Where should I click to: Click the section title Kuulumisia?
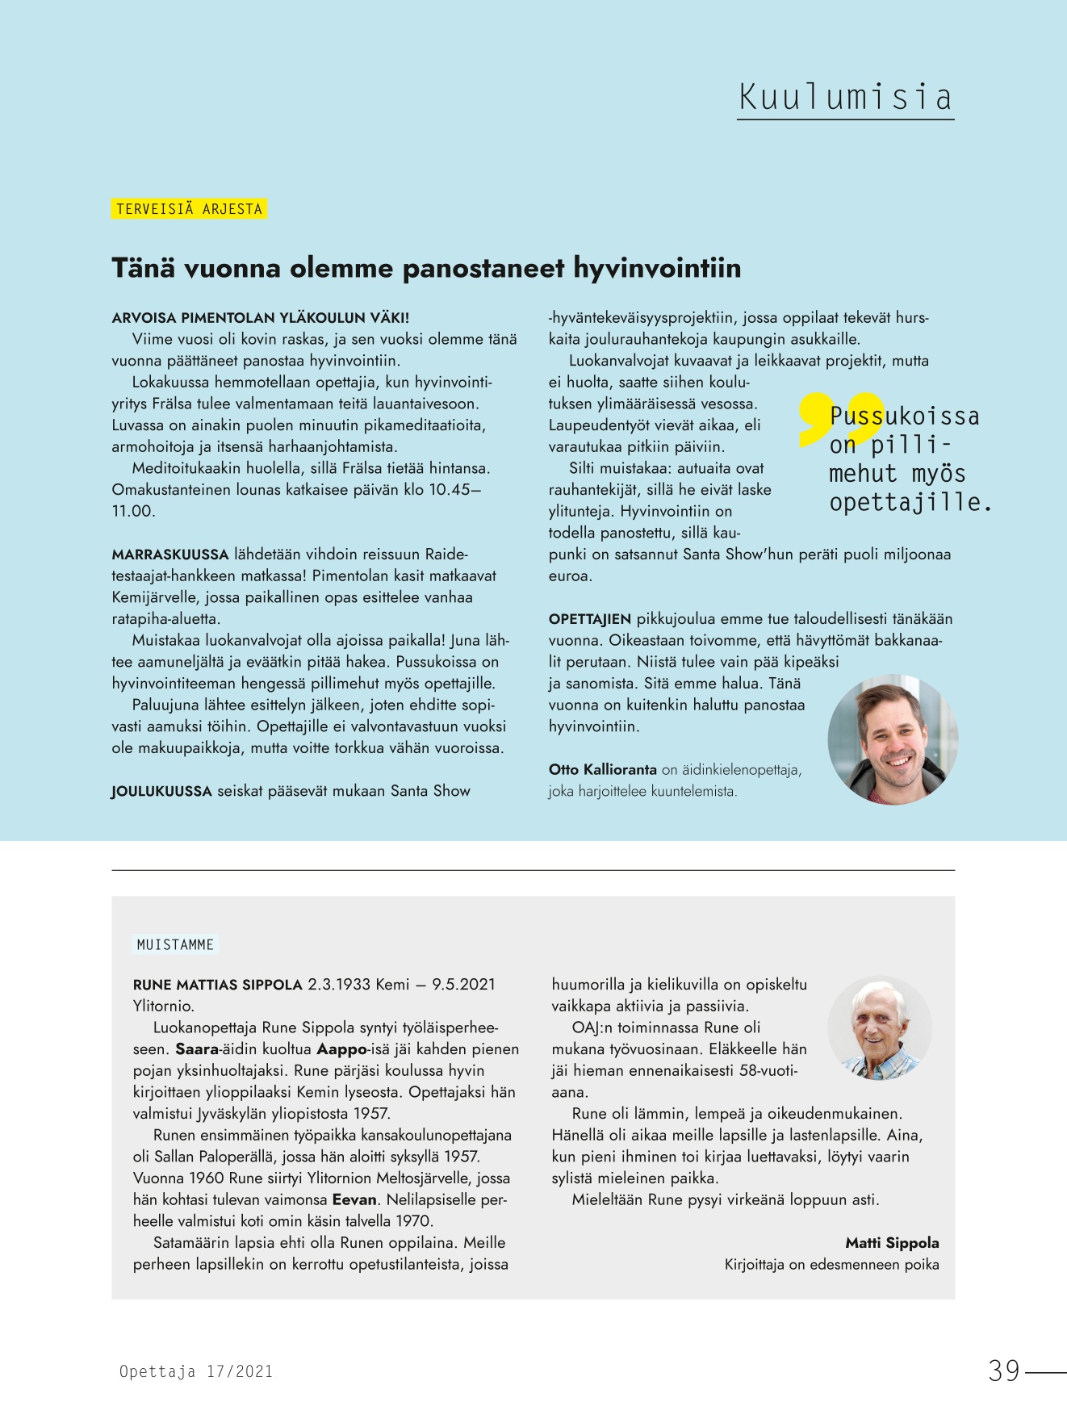point(845,98)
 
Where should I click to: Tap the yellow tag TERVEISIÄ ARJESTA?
point(189,209)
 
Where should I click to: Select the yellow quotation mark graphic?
point(839,418)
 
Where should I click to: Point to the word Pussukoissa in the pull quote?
point(905,416)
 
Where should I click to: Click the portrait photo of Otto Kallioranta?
point(893,739)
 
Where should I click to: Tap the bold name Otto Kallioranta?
point(602,770)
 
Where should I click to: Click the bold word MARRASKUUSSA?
point(170,555)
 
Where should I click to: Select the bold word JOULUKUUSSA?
point(161,792)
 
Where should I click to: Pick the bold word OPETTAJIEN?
point(589,619)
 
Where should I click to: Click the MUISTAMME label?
point(175,944)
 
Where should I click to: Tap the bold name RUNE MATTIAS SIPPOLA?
point(218,985)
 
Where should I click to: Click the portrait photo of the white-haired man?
point(880,1028)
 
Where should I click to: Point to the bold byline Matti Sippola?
point(892,1243)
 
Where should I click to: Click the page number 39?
point(1005,1371)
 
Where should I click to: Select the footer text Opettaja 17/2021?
point(196,1371)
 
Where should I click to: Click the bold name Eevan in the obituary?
point(354,1199)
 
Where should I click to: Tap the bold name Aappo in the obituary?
point(342,1049)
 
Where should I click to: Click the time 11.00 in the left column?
point(132,511)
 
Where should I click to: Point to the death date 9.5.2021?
point(463,985)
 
